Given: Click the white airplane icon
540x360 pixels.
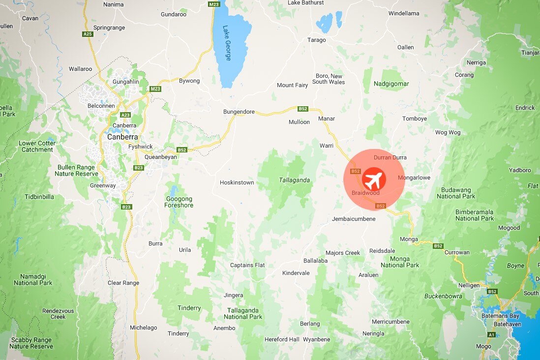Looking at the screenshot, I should pos(374,180).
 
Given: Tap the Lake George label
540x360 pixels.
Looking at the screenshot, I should pos(227,43).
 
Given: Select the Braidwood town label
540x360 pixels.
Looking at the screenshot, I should pos(365,193).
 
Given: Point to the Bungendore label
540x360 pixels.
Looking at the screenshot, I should pos(239,112).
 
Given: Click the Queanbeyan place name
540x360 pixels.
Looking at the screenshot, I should pos(160,157).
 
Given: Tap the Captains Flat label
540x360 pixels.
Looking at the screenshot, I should pos(247,265).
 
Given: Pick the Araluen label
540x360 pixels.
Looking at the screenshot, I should pos(368,275).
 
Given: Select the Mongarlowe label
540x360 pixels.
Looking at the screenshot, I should pos(414,178).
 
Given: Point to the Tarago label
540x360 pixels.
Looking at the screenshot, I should pos(316,40).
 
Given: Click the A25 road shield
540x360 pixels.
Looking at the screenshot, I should pos(88,34).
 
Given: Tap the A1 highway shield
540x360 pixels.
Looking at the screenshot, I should pos(490,335).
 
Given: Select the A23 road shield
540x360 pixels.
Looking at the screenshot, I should pos(125,115).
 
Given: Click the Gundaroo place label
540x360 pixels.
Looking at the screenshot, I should pos(174,14).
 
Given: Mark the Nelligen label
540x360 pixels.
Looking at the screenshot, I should pos(469,285).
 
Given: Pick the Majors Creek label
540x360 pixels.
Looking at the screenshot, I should pos(343,253).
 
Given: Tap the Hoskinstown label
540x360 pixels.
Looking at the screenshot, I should pos(237,182).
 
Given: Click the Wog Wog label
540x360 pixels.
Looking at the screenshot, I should pos(448,132).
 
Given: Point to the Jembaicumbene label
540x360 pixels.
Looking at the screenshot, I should pos(354,219).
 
